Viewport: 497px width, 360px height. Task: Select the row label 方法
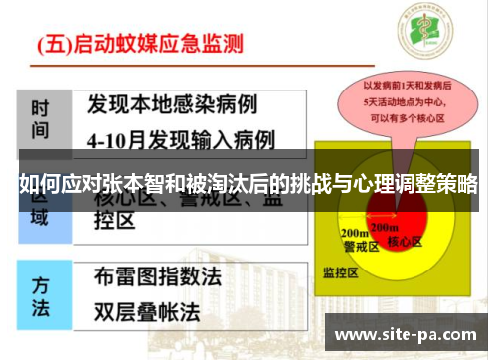[41, 295]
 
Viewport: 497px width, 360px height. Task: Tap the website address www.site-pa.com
[407, 333]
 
